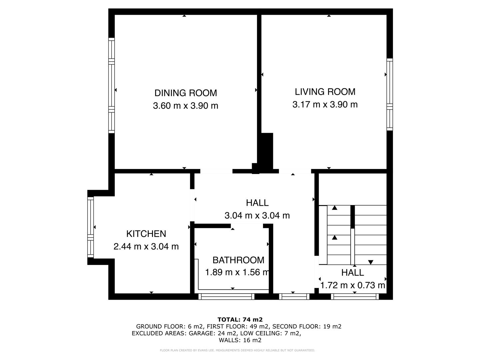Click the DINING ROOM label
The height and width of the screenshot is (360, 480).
[x=186, y=93]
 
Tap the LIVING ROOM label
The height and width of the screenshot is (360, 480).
[x=325, y=92]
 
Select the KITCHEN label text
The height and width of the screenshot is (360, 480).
[x=146, y=234]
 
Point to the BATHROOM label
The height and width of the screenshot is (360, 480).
[x=238, y=260]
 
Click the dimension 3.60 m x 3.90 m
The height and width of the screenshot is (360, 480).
[x=186, y=106]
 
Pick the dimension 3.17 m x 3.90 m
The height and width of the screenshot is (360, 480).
[x=325, y=104]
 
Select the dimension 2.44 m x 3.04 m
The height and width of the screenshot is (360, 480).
[x=146, y=247]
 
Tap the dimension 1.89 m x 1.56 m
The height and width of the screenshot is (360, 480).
[x=237, y=272]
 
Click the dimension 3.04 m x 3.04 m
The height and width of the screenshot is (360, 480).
[x=257, y=215]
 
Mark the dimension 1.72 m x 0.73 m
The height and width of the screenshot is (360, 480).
[x=353, y=285]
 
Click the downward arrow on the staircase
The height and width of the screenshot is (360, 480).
[x=371, y=262]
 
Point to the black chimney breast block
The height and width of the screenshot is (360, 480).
[x=266, y=152]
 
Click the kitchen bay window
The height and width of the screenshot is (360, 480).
[x=90, y=227]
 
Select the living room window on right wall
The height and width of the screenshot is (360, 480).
[x=390, y=94]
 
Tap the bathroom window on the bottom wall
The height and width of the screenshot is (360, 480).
[x=227, y=296]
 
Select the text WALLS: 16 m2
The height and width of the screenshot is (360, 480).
[x=240, y=340]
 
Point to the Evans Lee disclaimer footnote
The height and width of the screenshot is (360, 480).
[x=237, y=350]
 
